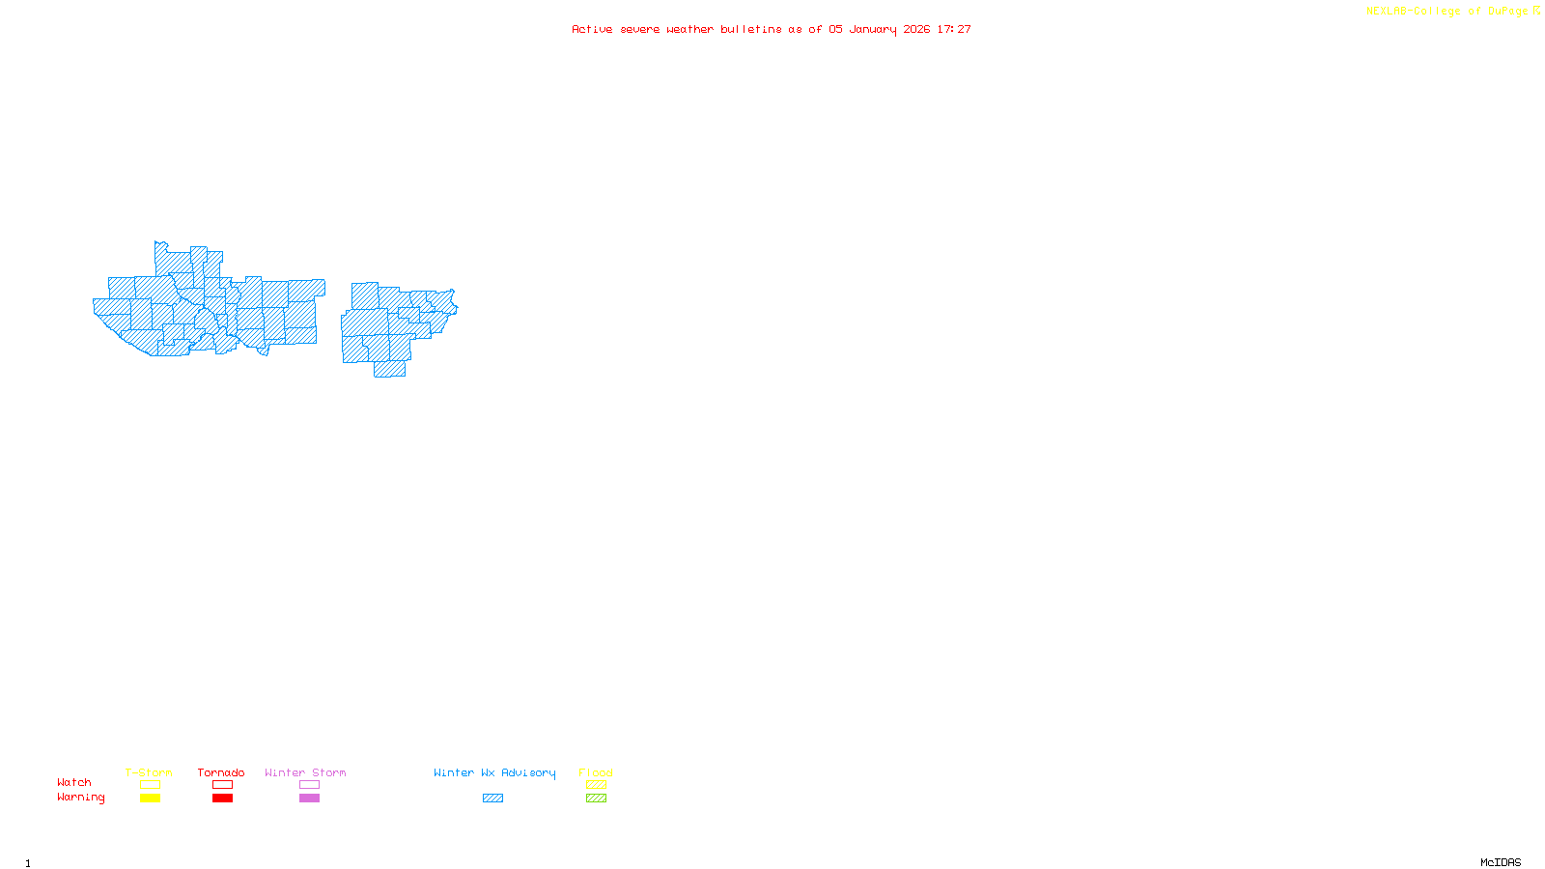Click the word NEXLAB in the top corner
(1387, 12)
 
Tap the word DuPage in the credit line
(1507, 12)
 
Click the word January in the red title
(873, 30)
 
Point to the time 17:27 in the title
(954, 30)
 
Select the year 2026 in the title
(916, 30)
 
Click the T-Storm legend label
(149, 772)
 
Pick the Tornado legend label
(221, 772)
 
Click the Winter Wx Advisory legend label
(494, 772)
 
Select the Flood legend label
(596, 772)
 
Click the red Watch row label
(74, 782)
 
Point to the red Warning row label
(81, 798)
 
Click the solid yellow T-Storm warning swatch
(150, 799)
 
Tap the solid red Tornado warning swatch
(222, 799)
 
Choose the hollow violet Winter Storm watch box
(309, 785)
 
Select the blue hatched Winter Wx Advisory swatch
(492, 799)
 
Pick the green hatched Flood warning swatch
(596, 799)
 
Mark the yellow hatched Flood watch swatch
(596, 785)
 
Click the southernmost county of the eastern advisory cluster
(390, 369)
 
